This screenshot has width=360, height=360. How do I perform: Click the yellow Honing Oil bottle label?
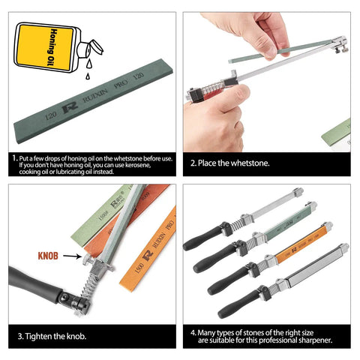click(45, 47)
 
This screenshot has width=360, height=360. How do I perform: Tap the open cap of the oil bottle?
click(95, 47)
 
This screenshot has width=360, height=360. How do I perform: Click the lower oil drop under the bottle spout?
click(88, 76)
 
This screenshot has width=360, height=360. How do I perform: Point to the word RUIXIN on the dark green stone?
click(95, 95)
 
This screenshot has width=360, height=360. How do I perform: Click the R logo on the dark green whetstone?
click(70, 108)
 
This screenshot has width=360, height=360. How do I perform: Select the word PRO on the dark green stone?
click(121, 83)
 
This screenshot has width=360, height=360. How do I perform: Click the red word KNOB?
click(48, 256)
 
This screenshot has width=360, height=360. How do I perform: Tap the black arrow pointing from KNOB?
click(72, 256)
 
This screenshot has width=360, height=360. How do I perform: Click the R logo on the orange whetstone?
click(148, 255)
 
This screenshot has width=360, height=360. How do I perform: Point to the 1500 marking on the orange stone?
click(139, 268)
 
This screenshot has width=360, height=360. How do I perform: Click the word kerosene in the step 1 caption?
click(138, 165)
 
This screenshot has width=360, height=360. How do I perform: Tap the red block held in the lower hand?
click(213, 93)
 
